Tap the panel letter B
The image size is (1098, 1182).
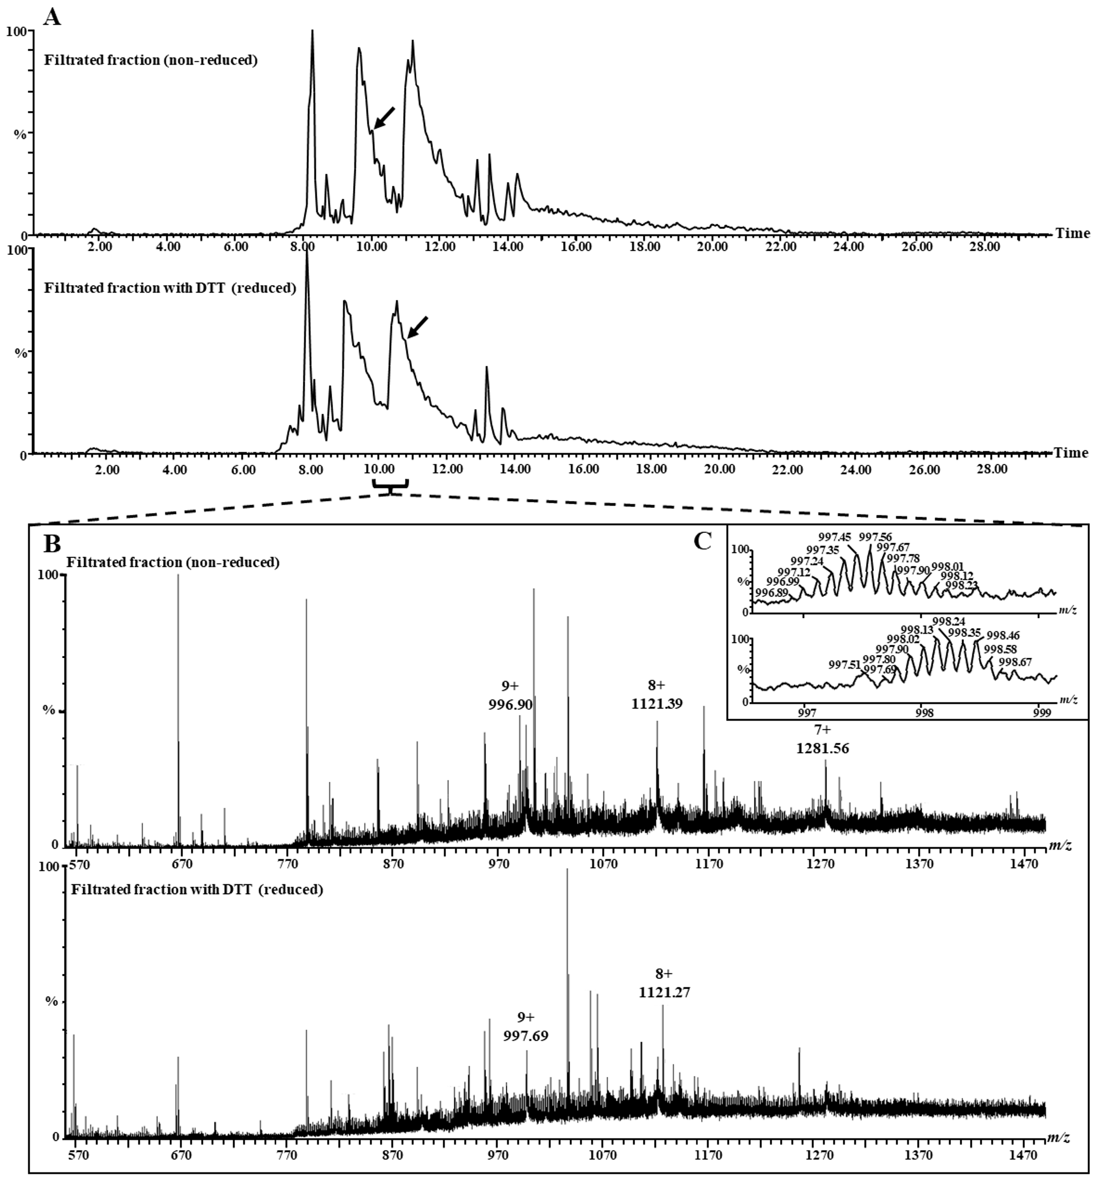coord(52,543)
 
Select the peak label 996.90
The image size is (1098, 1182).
coord(510,705)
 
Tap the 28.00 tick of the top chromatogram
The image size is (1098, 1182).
coord(984,247)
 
